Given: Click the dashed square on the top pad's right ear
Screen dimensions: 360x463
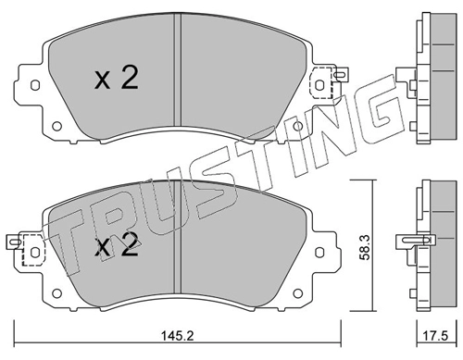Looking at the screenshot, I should coord(322,83).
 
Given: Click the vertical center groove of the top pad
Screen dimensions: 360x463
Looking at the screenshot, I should coord(177,79).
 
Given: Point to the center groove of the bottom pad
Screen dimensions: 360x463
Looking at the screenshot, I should coord(177,242).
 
